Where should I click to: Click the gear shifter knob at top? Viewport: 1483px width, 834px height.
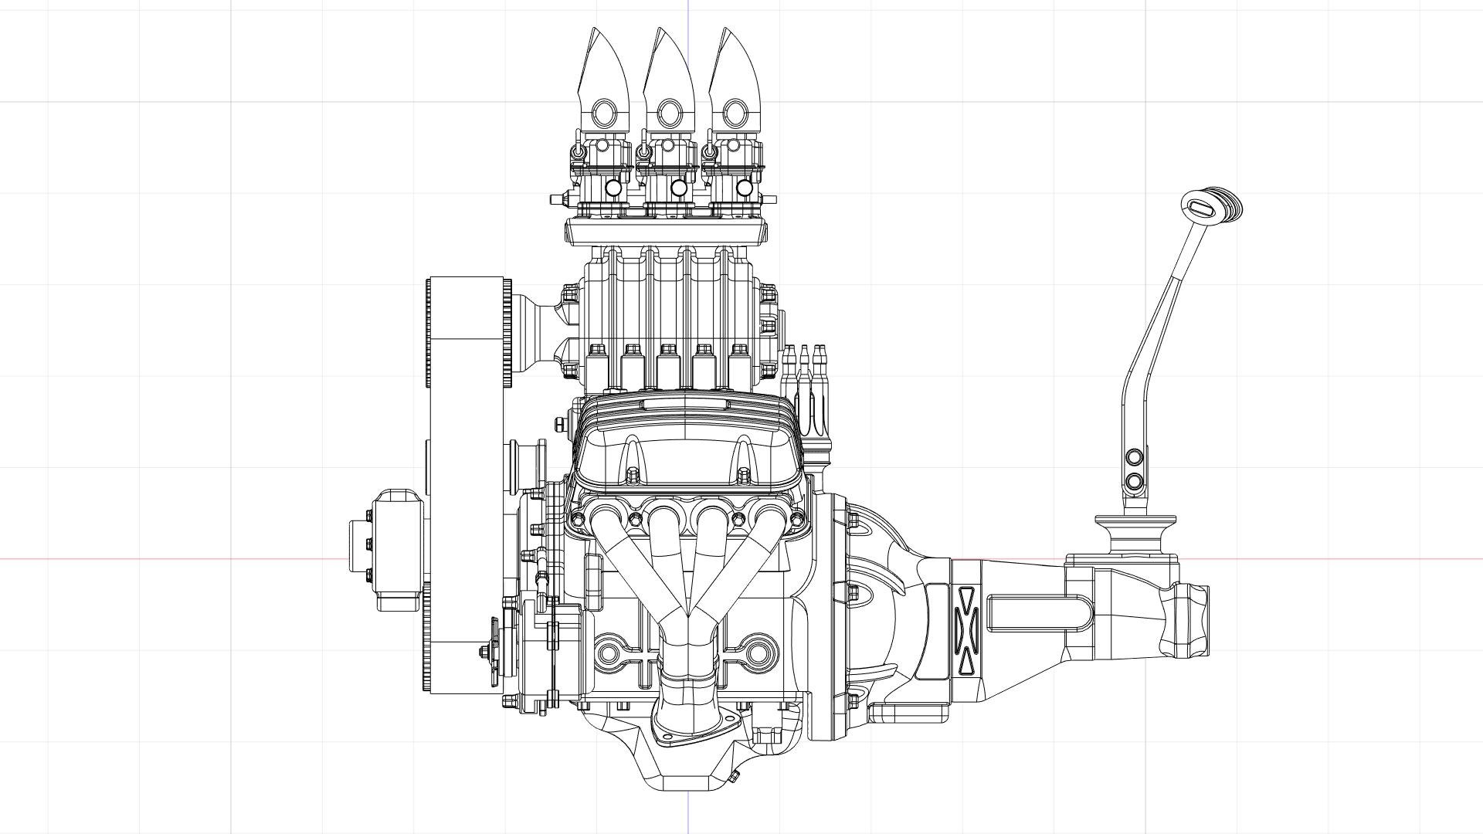coord(1211,206)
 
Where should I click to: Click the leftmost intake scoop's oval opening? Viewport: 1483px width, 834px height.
coord(602,114)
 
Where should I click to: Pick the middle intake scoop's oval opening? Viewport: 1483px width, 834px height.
coord(668,114)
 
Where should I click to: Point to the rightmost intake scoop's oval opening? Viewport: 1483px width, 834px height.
coord(733,114)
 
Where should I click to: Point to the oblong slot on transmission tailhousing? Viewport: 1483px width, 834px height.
coord(1039,614)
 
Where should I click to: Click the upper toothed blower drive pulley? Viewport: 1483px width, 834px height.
coord(467,332)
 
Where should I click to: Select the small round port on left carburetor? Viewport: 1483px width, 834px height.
coord(613,187)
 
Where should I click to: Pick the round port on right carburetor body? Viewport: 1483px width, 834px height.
coord(744,187)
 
